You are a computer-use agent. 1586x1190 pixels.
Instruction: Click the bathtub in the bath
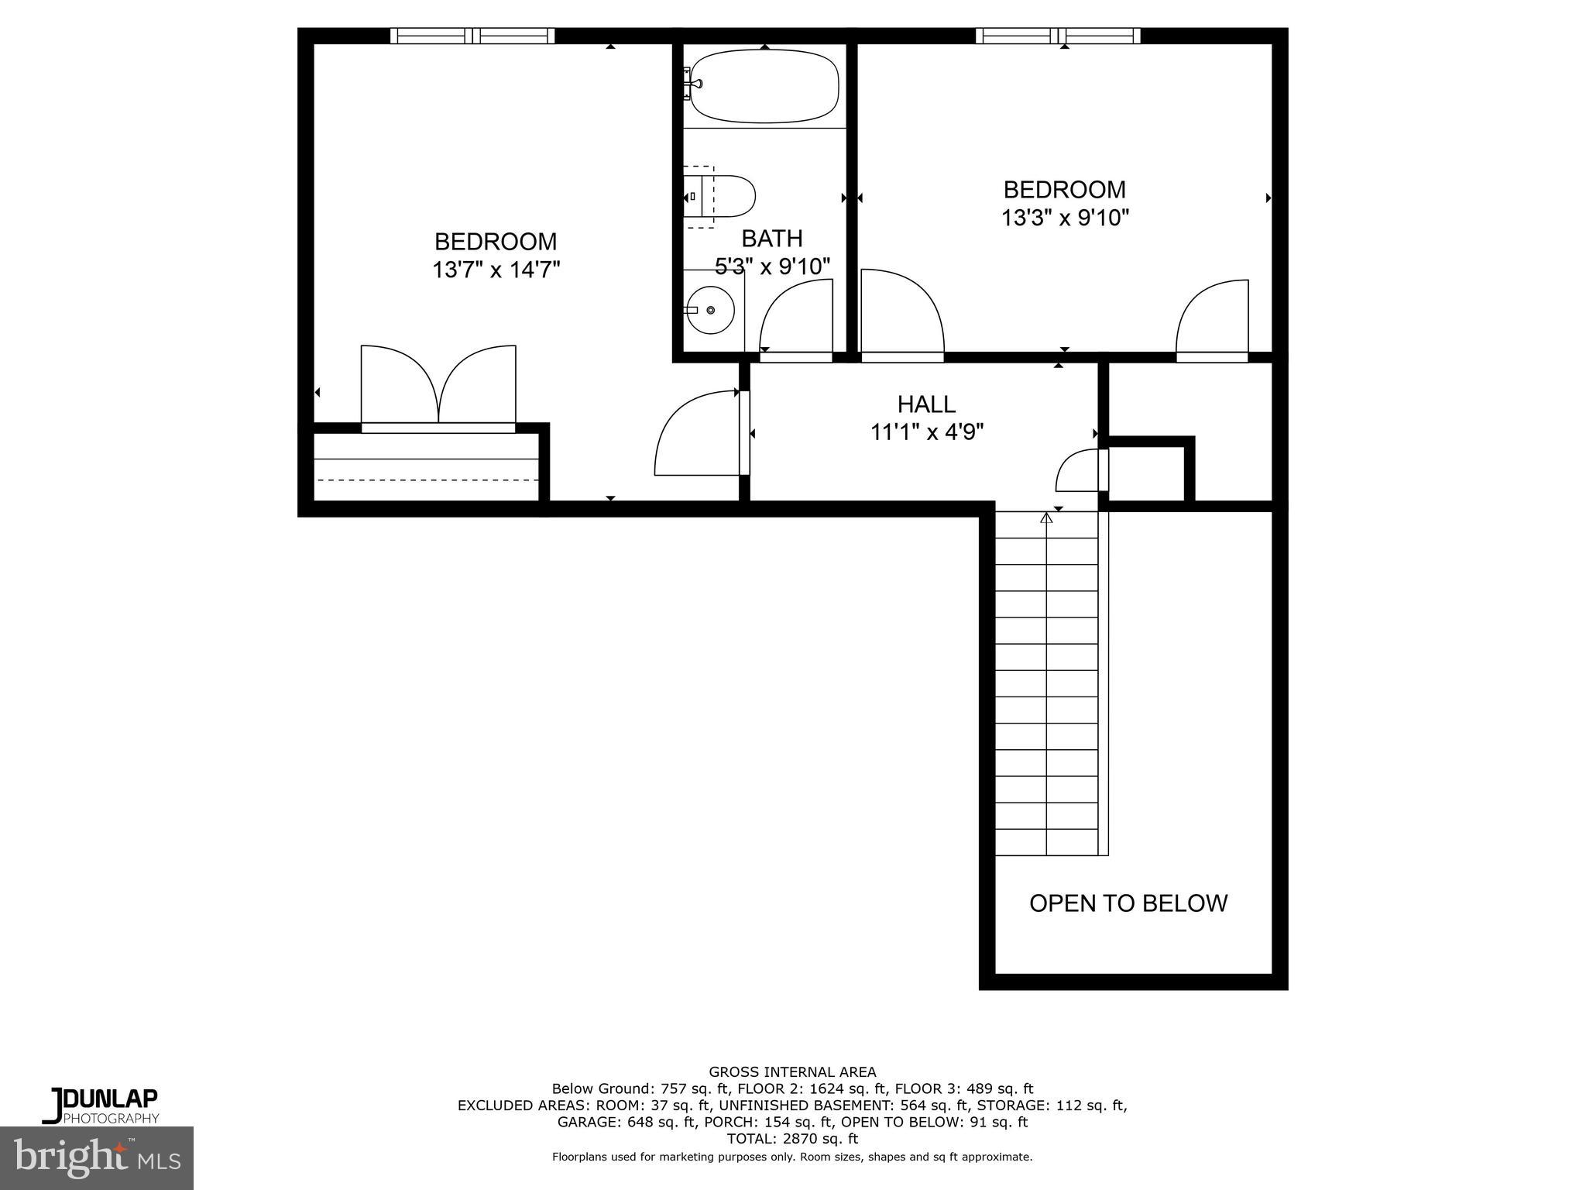764,86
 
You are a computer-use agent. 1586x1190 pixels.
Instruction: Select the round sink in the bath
711,310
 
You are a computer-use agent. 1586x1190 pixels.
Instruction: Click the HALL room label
926,404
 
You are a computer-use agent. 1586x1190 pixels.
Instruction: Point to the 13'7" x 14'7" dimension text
496,270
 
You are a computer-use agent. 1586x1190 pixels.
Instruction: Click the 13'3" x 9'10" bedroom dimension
1065,218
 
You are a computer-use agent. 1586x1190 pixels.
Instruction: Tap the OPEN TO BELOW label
1128,903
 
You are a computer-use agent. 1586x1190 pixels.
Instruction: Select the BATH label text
771,238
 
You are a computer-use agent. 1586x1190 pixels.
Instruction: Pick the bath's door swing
794,318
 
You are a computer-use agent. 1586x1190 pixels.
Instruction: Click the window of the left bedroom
472,36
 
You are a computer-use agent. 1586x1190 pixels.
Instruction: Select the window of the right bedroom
1058,36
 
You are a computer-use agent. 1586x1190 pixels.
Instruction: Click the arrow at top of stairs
1046,518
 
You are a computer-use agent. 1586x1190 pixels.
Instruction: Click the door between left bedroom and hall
697,434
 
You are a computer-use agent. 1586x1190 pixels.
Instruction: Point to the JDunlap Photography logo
101,1105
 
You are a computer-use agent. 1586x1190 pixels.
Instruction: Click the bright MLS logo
97,1157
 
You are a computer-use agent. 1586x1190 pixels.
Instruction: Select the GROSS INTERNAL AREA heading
792,1072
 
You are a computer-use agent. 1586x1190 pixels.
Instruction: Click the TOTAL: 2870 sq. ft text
792,1139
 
